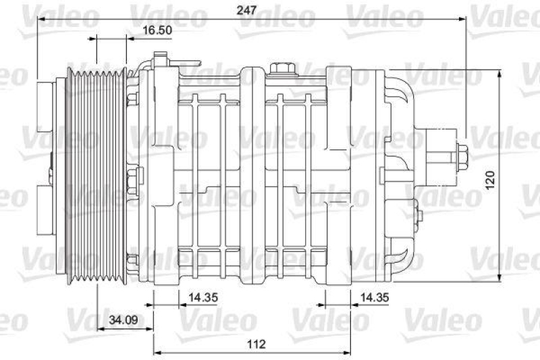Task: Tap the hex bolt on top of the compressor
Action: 281,69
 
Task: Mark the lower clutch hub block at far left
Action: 46,206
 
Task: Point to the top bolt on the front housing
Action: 132,98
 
